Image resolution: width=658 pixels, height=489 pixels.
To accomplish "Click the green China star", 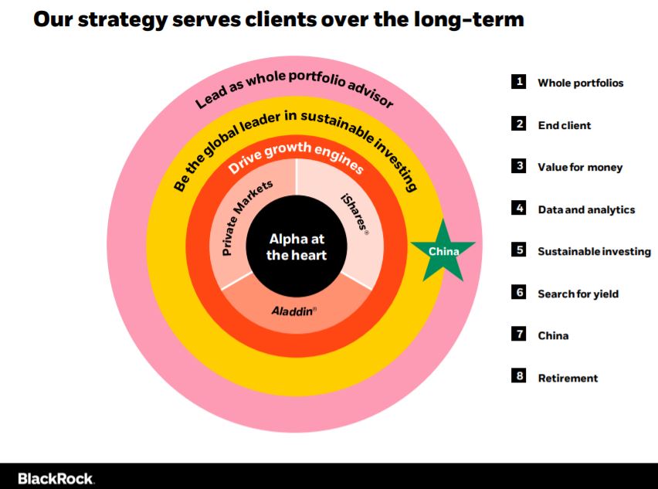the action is (443, 251).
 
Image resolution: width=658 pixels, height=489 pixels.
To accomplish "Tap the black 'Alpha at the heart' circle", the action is (297, 246).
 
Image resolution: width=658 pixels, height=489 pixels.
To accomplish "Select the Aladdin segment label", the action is (294, 311).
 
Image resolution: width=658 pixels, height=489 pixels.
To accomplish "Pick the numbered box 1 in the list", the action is (519, 81).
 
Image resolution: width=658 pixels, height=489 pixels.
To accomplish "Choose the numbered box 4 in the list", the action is (519, 208).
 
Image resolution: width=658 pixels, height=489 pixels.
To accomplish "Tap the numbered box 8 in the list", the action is (519, 376).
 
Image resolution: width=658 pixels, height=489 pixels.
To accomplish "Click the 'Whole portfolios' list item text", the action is (580, 83).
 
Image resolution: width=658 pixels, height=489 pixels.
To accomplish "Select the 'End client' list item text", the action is (564, 125).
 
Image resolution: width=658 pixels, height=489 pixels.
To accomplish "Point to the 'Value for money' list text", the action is (579, 167).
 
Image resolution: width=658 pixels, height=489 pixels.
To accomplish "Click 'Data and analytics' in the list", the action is (585, 209).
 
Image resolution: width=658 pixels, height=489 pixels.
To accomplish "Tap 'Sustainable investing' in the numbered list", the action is (594, 251).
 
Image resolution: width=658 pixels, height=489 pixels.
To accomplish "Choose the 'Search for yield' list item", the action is (578, 294).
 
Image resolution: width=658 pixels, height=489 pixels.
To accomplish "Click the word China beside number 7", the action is (553, 335).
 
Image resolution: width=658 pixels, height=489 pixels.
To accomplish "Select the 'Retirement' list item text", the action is (568, 378).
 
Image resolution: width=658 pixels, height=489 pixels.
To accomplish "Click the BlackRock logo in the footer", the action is (56, 478).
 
